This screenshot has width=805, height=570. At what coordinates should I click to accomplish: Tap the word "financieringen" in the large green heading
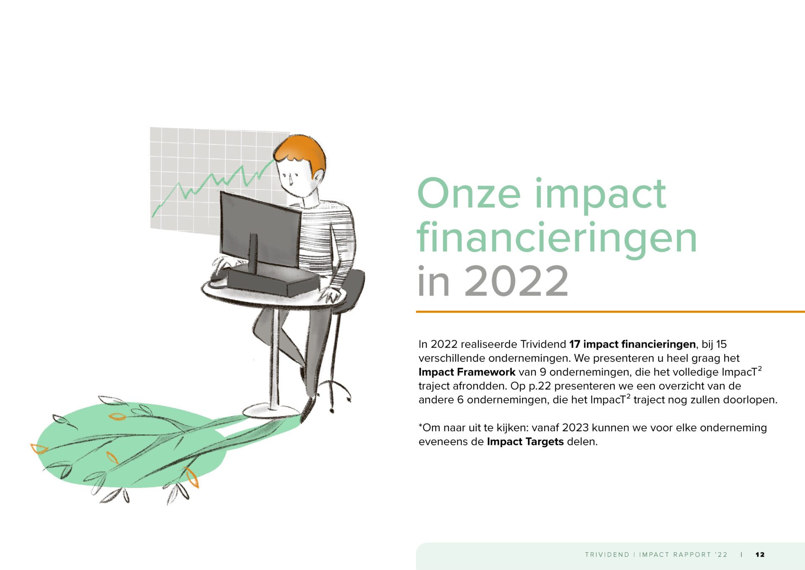tap(557, 238)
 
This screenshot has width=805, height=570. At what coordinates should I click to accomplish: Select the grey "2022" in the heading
tap(516, 281)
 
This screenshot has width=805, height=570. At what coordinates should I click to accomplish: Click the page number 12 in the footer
tap(760, 554)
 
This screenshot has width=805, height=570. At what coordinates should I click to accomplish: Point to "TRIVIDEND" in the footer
tap(607, 554)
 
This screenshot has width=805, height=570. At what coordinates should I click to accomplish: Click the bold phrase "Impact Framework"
tap(467, 372)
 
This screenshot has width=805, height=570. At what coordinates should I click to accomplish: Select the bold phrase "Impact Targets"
tap(525, 442)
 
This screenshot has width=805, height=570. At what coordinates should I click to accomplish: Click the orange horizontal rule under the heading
tap(610, 312)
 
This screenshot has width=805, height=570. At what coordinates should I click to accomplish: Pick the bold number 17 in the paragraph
tap(574, 345)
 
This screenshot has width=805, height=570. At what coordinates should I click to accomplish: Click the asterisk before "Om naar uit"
tap(420, 426)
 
